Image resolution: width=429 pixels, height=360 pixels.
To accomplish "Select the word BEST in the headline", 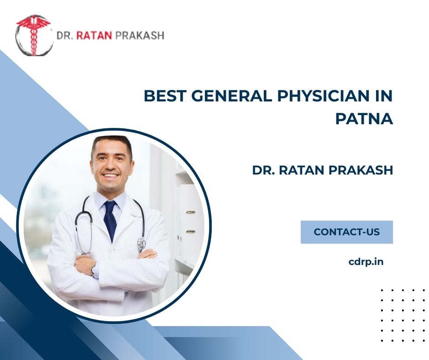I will tap(164, 97).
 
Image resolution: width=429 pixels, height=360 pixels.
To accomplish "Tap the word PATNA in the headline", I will tap(364, 119).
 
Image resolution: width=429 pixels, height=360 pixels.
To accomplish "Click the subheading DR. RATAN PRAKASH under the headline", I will tap(322, 170).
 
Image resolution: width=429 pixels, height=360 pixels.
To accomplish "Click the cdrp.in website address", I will tap(366, 262).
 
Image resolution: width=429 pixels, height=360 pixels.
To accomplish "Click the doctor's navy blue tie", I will tap(110, 219).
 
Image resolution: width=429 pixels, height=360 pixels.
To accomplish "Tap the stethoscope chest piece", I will tap(141, 243).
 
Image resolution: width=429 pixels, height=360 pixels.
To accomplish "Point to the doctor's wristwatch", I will tap(94, 270).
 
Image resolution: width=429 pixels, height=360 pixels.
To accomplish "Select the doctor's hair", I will tap(111, 144).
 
